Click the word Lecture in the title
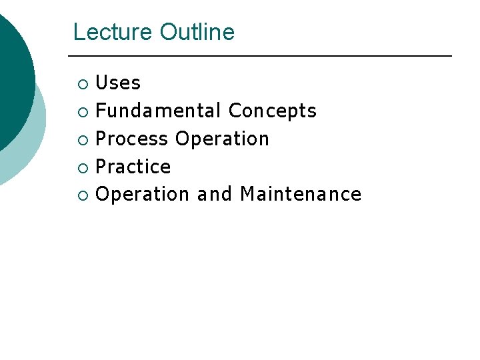[113, 32]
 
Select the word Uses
[118, 83]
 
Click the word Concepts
[272, 111]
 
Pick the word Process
[132, 139]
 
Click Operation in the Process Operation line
[222, 139]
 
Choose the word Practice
[133, 167]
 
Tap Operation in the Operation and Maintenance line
[143, 194]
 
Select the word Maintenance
[301, 194]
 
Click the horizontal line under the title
[261, 55]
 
